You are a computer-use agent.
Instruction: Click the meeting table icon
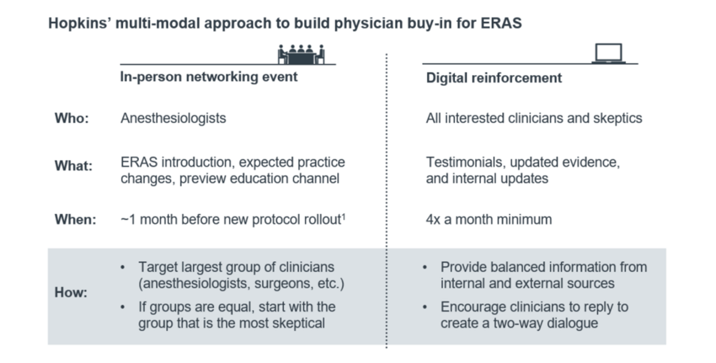[x=301, y=54]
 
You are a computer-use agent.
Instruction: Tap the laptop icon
[x=609, y=53]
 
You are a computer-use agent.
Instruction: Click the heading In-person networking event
[x=209, y=77]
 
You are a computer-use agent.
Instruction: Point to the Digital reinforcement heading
[x=494, y=78]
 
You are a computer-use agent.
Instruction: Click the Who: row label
[x=72, y=118]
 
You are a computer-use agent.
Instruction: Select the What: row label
[x=74, y=166]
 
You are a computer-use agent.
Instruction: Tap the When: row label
[x=76, y=220]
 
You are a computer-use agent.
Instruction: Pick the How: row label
[x=71, y=292]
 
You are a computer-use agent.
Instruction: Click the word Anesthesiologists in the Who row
[x=173, y=118]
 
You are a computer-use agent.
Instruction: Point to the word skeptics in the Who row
[x=618, y=118]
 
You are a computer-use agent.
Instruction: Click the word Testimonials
[x=466, y=162]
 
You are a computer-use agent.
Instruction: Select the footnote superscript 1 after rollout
[x=344, y=217]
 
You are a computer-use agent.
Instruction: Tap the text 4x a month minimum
[x=489, y=220]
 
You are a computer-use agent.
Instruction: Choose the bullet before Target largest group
[x=123, y=267]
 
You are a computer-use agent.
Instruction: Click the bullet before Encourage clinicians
[x=425, y=307]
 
